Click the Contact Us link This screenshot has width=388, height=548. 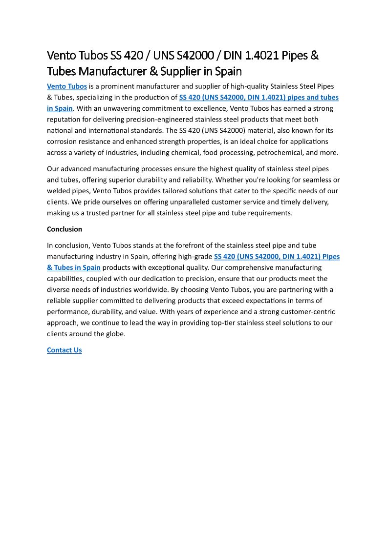pos(64,350)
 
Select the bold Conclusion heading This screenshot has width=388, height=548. pos(65,229)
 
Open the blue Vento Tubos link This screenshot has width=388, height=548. pos(67,86)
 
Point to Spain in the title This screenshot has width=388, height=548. pos(228,71)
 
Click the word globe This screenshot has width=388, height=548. pos(115,334)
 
